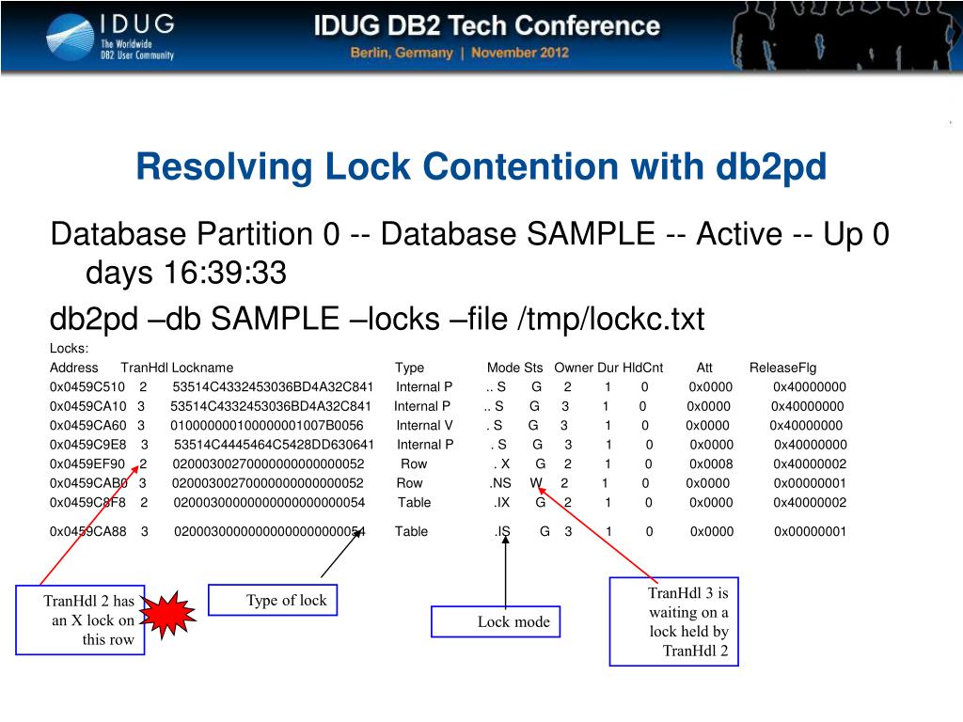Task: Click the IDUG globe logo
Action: (x=69, y=36)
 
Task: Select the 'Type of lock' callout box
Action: (x=286, y=601)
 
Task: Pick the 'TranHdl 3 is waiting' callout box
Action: (x=673, y=621)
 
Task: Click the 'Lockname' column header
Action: (x=202, y=368)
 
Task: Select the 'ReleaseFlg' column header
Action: (x=782, y=368)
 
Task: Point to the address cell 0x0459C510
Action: (x=87, y=386)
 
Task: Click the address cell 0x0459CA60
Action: (x=87, y=425)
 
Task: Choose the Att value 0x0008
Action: (x=711, y=463)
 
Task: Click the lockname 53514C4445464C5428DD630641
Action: (x=275, y=445)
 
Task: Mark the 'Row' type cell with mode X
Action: (x=414, y=463)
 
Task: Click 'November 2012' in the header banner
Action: (x=520, y=53)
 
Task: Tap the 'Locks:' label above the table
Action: (x=68, y=349)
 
